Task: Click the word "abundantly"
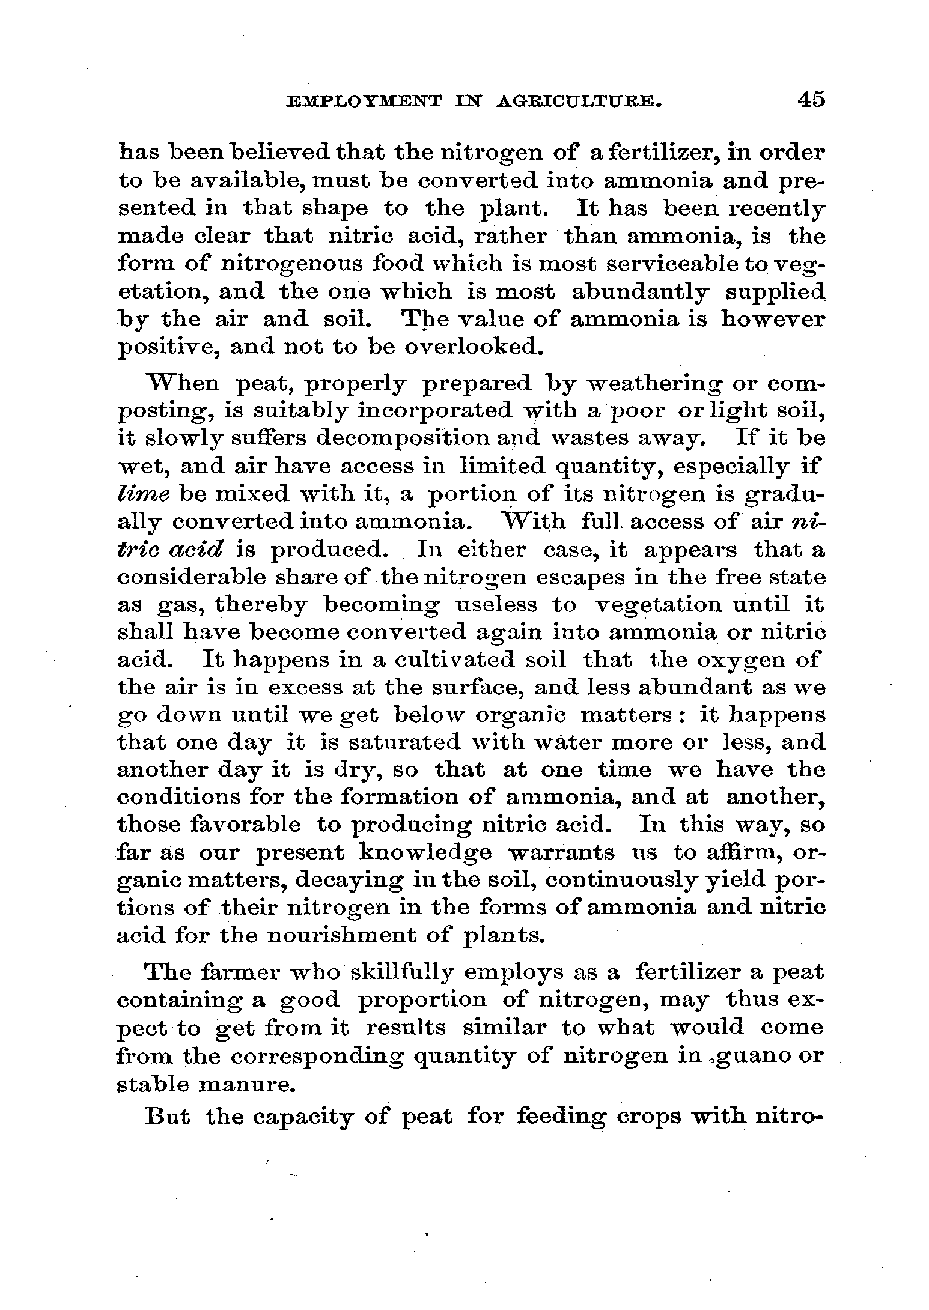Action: click(x=639, y=292)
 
